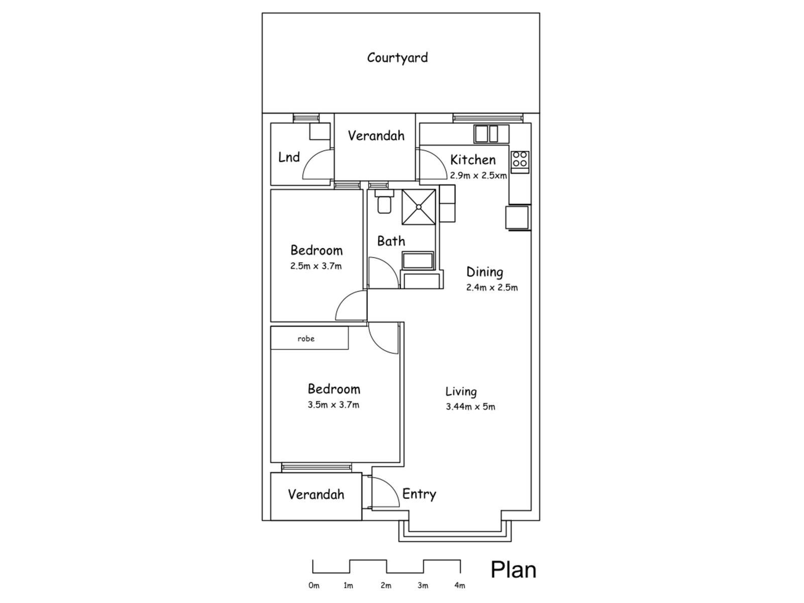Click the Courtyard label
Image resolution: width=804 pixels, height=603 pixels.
tap(397, 57)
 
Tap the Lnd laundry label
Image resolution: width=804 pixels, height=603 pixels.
tap(289, 157)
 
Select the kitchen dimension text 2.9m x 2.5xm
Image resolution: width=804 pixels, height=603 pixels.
tap(478, 176)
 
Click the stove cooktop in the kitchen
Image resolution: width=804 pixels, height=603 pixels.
tap(520, 159)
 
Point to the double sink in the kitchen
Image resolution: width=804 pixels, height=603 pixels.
tap(486, 134)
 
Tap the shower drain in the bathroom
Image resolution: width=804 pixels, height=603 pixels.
tap(418, 207)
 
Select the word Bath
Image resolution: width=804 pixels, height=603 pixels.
tap(391, 241)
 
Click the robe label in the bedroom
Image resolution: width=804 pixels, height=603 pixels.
tap(306, 339)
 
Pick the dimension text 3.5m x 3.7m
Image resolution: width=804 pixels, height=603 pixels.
tap(333, 405)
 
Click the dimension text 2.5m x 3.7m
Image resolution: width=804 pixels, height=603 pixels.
tap(316, 266)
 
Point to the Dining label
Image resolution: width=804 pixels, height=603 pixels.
tap(484, 272)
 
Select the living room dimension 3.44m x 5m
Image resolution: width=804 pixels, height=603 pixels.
tap(470, 407)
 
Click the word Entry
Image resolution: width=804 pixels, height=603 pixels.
tap(419, 494)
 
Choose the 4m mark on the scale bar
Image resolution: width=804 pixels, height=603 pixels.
tap(459, 585)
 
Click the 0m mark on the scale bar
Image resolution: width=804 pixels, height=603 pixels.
tap(314, 585)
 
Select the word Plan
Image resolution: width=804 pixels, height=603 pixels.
tap(513, 570)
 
